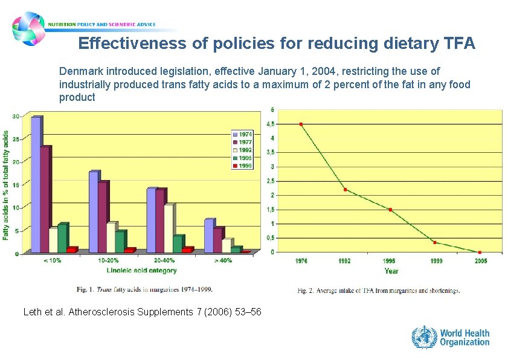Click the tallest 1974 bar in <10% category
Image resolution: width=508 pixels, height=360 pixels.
pyautogui.click(x=36, y=184)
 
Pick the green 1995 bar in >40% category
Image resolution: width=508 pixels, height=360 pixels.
pyautogui.click(x=235, y=249)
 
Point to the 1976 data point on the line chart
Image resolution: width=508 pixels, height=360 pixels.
pyautogui.click(x=301, y=124)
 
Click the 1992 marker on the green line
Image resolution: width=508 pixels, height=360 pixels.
pyautogui.click(x=346, y=190)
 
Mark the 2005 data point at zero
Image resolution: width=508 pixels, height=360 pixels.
pyautogui.click(x=480, y=252)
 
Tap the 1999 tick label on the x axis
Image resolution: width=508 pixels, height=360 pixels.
pyautogui.click(x=435, y=261)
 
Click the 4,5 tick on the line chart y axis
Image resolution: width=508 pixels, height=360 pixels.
pyautogui.click(x=272, y=124)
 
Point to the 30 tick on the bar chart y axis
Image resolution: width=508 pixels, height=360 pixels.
pyautogui.click(x=16, y=116)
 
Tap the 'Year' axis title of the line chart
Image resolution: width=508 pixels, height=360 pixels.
pyautogui.click(x=391, y=271)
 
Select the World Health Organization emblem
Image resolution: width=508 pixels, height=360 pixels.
pyautogui.click(x=424, y=336)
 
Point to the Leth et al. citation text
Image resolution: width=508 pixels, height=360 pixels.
pyautogui.click(x=142, y=312)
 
